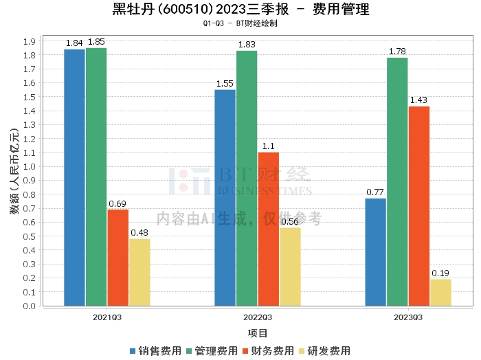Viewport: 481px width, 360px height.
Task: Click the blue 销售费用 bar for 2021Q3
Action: [74, 177]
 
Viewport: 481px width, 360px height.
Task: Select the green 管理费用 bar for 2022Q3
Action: [247, 178]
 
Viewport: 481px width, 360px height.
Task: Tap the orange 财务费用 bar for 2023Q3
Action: [419, 206]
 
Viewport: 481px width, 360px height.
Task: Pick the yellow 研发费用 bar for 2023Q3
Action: [440, 293]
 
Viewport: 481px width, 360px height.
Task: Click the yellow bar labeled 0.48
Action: [139, 272]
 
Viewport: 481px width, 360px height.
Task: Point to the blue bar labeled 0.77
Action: [375, 252]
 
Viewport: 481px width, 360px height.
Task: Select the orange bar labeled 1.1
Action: [268, 229]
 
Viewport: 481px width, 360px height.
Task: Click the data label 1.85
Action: [96, 42]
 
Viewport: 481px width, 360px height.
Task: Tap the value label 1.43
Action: [419, 100]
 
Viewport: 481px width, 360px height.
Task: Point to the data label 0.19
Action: [440, 273]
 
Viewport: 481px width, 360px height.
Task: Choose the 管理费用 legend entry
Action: [212, 351]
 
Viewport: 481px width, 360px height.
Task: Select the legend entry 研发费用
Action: [324, 351]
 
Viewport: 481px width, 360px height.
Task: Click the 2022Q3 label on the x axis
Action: [258, 317]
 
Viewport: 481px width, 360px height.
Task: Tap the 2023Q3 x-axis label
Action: [408, 317]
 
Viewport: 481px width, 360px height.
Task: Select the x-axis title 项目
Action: [258, 333]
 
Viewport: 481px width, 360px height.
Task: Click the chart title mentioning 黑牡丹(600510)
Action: [240, 10]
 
